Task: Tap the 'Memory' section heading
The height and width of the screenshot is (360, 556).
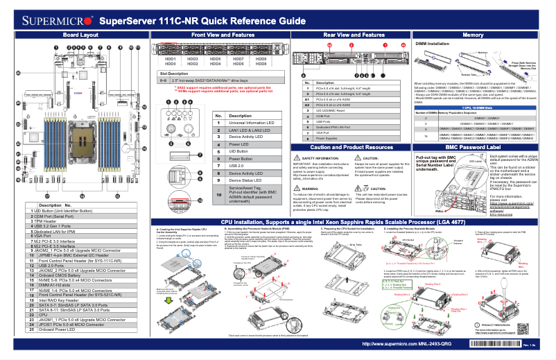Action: point(473,34)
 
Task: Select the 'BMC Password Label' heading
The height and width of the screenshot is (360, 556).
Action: point(473,148)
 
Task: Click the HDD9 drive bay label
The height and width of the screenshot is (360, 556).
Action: point(261,60)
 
